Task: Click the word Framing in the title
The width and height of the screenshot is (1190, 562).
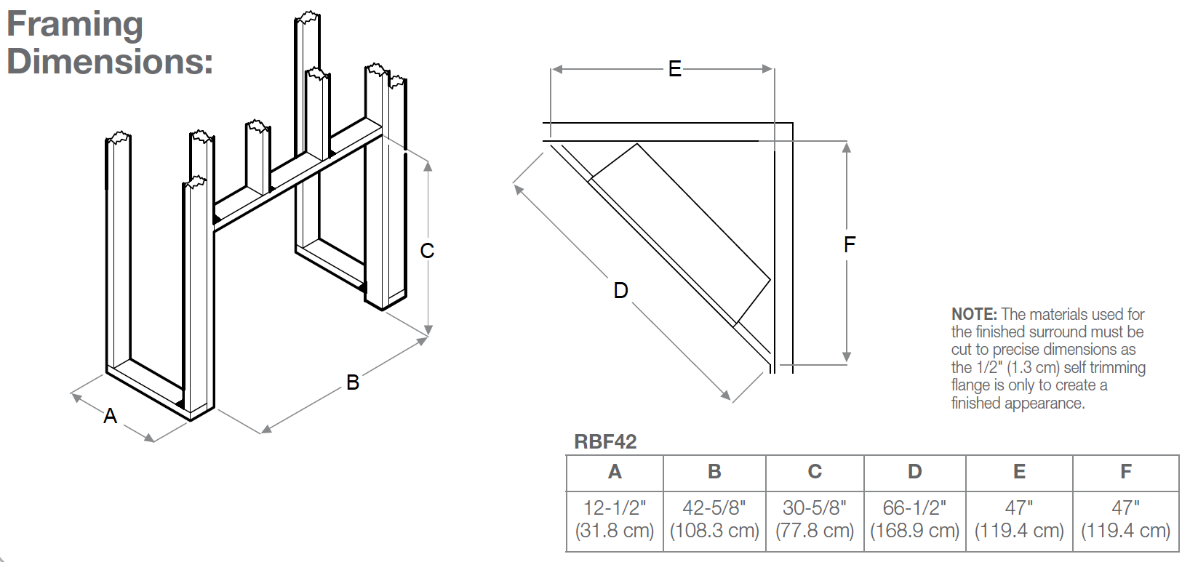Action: point(75,25)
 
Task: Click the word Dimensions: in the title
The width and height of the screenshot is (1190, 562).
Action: point(110,62)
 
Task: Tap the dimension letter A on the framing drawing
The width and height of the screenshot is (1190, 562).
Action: point(110,416)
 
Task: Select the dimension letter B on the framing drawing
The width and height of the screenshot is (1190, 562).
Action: point(353,382)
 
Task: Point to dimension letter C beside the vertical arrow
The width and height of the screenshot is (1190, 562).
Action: point(427,251)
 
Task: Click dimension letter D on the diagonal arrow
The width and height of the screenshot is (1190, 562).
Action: point(620,291)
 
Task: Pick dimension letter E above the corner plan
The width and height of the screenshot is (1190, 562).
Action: point(675,69)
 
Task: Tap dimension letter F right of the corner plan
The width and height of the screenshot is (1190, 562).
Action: point(850,244)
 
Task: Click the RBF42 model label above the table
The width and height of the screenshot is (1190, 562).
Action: point(605,442)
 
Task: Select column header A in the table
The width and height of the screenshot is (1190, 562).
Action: point(615,472)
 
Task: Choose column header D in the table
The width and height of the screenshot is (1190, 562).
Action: point(914,472)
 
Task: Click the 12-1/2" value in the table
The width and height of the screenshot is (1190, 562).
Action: point(615,508)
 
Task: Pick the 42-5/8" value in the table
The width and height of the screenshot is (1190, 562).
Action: point(714,508)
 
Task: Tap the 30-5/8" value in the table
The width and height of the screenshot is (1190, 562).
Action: point(815,508)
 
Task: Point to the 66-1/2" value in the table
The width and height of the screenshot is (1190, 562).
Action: point(914,508)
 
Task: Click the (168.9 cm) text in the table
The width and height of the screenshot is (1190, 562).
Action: point(914,531)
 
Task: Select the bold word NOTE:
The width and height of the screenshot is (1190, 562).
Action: point(974,315)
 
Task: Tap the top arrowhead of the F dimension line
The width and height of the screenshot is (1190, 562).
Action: point(847,147)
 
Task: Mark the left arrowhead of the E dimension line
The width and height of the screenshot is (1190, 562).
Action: point(556,69)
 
